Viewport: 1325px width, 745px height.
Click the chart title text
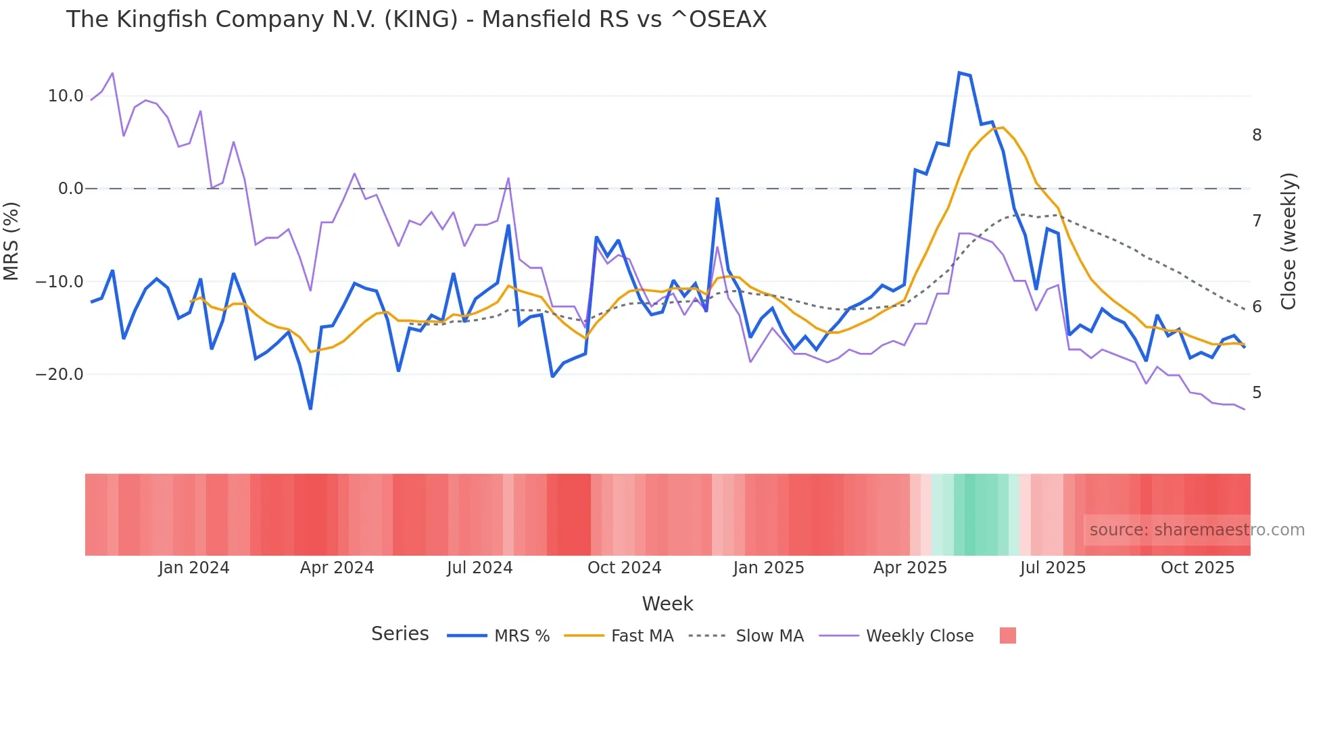click(416, 20)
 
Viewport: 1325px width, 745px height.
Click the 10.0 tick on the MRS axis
click(65, 96)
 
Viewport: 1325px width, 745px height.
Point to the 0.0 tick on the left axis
click(70, 189)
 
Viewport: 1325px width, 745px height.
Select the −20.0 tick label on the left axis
click(59, 374)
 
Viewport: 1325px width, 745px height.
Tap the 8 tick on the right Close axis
click(1257, 135)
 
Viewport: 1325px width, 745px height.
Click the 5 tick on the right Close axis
click(1257, 393)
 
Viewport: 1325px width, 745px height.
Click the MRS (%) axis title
click(11, 241)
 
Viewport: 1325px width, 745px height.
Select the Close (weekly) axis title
click(1289, 241)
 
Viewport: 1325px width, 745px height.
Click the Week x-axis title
click(667, 604)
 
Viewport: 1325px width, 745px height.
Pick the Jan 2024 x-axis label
click(194, 568)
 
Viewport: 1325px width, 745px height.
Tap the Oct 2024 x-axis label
click(624, 568)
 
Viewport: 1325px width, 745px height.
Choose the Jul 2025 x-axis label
click(1053, 568)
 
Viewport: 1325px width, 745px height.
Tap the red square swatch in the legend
click(1007, 635)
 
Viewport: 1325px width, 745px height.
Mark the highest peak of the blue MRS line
click(959, 72)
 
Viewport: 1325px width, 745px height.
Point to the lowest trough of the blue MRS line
click(310, 408)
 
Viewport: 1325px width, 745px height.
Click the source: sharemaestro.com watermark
click(1197, 530)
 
